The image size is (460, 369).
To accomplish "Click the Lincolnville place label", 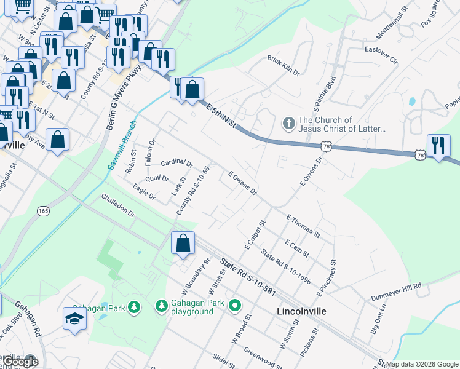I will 301,311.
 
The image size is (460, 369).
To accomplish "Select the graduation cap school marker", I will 74,319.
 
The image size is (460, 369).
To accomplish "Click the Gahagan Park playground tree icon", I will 161,305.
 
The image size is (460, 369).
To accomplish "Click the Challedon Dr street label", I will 118,205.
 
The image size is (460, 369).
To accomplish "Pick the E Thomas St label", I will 303,226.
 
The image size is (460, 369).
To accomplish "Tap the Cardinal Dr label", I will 177,164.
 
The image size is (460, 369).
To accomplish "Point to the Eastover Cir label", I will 381,51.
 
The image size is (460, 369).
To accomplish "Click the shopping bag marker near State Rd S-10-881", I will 183,242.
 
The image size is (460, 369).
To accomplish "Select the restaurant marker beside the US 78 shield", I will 438,146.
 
